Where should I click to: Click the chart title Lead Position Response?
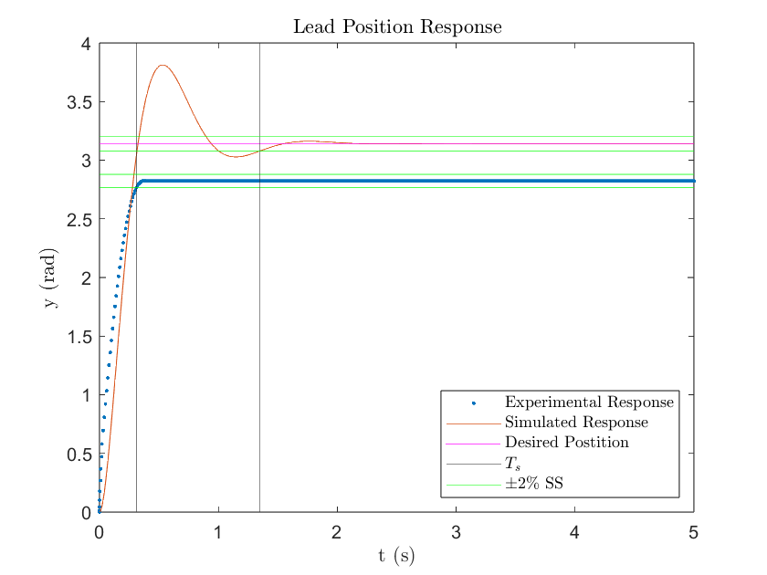pos(397,27)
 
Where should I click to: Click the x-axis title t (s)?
pos(396,554)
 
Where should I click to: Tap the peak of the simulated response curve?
pos(163,66)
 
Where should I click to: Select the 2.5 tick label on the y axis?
pos(80,219)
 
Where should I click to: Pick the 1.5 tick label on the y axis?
pos(80,337)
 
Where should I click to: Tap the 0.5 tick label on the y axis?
pos(80,454)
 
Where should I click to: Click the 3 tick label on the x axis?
pos(456,532)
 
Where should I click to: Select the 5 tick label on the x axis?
pos(693,532)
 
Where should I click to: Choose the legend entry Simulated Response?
pos(576,423)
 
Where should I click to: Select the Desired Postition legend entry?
pos(567,443)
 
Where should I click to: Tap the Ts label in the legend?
pos(513,463)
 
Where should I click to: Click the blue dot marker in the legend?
pos(474,402)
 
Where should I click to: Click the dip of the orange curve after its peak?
pos(236,157)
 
